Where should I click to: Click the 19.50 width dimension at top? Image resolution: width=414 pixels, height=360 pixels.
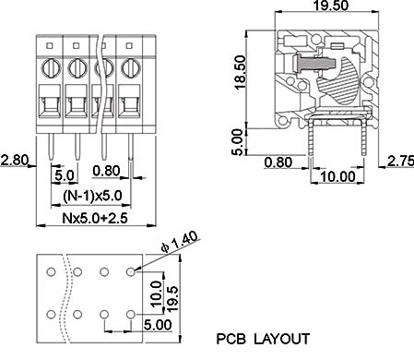pos(330,6)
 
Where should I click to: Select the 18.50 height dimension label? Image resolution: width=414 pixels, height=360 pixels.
pos(240,72)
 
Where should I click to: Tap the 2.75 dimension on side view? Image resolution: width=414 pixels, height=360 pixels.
pos(400,161)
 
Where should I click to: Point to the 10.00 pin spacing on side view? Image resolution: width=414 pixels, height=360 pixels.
pos(337,176)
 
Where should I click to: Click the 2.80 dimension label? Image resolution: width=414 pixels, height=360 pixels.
pos(15,160)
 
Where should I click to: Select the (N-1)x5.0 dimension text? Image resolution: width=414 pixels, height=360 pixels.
pos(92,196)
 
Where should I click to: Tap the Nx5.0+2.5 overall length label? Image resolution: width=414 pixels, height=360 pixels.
pos(95,218)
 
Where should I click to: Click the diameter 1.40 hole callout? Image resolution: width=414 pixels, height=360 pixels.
pos(179,242)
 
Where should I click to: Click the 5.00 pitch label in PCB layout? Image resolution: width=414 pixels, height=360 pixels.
pos(158,325)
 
